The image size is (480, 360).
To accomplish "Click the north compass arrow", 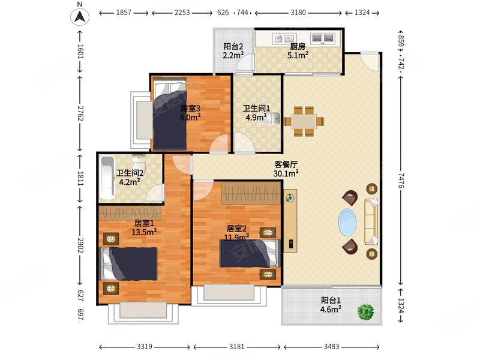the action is (x=80, y=17).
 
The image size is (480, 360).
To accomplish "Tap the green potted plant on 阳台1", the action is (x=365, y=312).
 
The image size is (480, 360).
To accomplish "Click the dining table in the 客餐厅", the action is (x=304, y=121).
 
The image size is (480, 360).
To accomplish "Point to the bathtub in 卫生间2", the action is (x=107, y=178).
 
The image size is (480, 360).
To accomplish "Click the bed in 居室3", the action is (x=170, y=115).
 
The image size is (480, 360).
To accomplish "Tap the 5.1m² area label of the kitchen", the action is (x=298, y=55).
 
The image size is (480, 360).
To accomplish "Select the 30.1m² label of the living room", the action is (x=286, y=173).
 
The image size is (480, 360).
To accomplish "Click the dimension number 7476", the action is (x=401, y=181).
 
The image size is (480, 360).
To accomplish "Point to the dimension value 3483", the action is (x=332, y=347).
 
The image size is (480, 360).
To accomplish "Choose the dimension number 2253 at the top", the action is (x=182, y=13).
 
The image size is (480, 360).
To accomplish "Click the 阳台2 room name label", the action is (x=233, y=47).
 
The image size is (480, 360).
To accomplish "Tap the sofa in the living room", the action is (x=371, y=221).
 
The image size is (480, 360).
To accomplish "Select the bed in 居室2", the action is (x=250, y=253).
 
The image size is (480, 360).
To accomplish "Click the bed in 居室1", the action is (x=129, y=263).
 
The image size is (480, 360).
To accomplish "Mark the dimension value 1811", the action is (x=80, y=178).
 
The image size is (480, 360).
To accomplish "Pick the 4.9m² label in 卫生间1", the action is (x=256, y=117).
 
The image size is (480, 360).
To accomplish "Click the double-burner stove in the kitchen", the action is (x=322, y=38).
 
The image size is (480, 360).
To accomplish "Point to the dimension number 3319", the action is (x=144, y=347).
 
